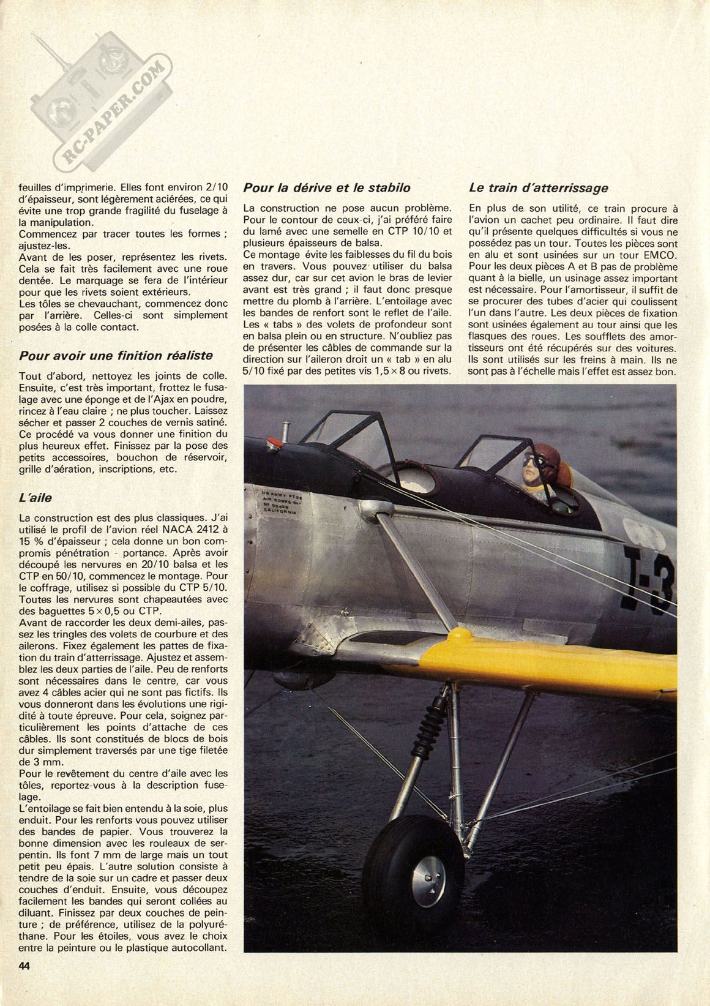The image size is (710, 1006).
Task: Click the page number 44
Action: pyautogui.click(x=25, y=982)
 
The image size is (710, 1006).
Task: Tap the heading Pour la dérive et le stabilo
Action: pyautogui.click(x=326, y=187)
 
